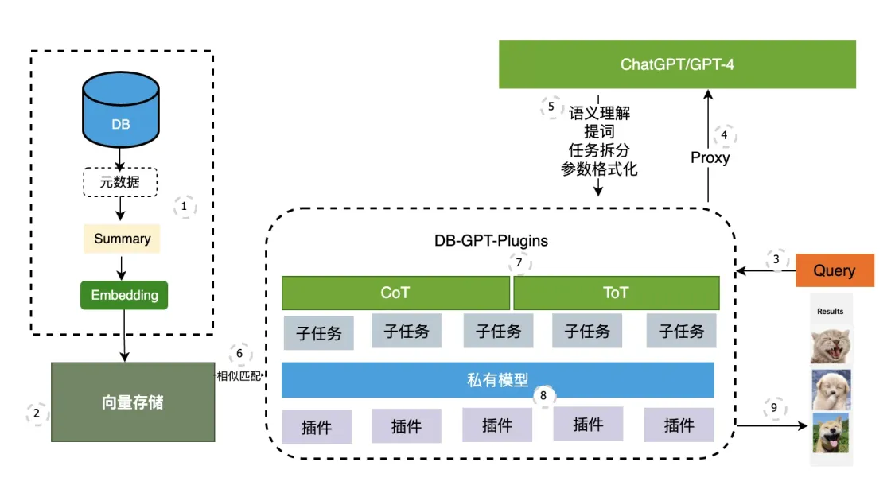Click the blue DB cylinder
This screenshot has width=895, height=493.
coord(121,117)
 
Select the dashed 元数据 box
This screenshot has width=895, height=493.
coord(121,182)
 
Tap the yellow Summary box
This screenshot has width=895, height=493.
coord(122,239)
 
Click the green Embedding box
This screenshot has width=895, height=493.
coord(124,295)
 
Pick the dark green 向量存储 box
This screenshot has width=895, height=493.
coord(133,402)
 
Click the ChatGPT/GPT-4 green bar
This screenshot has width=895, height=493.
coord(676,64)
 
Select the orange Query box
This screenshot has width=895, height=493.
coord(834,270)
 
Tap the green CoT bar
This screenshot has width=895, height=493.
coord(395,293)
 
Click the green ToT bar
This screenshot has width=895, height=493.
coord(616,293)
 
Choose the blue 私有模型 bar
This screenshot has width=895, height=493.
coord(497,380)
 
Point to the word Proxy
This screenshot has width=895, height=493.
coord(710,157)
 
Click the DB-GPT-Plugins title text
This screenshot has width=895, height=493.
coord(491,240)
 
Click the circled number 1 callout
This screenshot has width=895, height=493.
coord(185,207)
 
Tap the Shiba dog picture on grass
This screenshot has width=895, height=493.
coord(831,433)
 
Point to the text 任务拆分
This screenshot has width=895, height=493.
coord(599,151)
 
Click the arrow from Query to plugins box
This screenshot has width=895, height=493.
coord(765,271)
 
